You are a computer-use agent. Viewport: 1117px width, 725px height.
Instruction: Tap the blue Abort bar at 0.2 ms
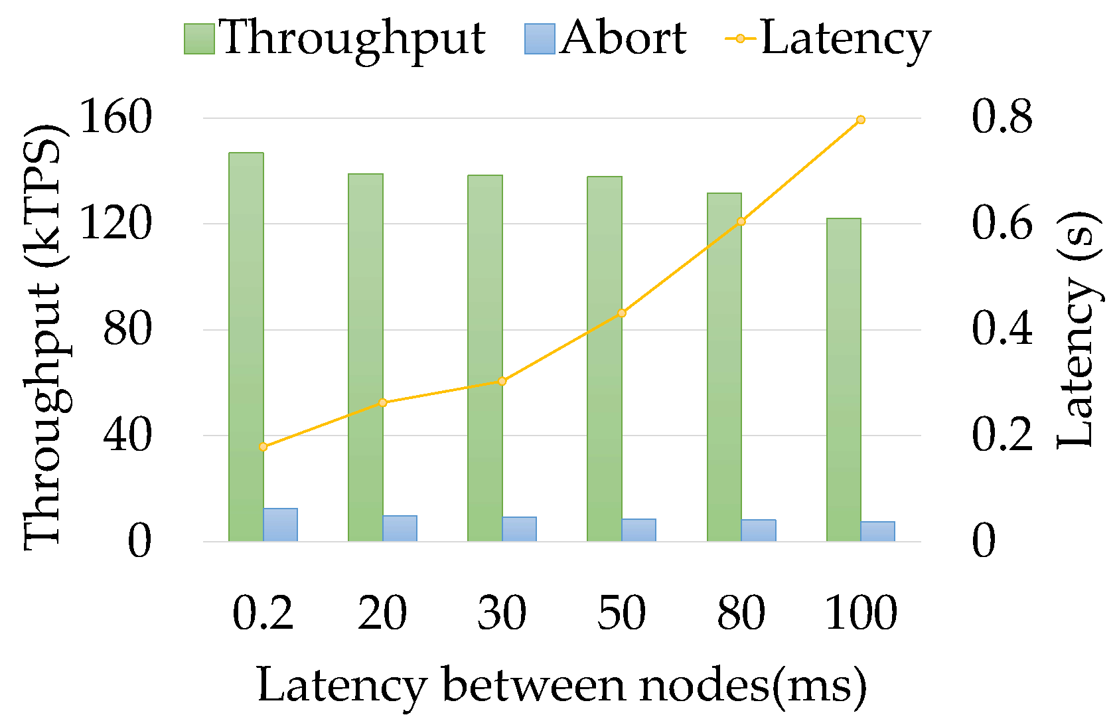click(x=280, y=524)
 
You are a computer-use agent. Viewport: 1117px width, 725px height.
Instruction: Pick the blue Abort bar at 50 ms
click(x=638, y=530)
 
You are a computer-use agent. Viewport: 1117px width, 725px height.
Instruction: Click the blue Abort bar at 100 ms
click(x=877, y=531)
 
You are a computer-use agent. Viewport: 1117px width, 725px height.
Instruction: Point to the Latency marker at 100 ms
click(x=860, y=120)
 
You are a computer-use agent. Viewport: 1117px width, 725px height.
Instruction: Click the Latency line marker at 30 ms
click(x=502, y=381)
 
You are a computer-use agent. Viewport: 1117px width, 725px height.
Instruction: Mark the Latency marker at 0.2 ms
click(x=263, y=447)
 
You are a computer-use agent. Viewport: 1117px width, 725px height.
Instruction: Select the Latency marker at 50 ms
click(x=621, y=313)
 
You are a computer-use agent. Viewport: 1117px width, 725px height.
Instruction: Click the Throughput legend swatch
click(x=199, y=39)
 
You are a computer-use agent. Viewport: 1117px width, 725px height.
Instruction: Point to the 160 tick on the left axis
click(x=115, y=118)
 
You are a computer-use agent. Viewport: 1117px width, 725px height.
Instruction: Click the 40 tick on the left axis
click(x=127, y=436)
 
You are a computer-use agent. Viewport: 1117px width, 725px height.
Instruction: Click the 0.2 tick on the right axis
click(x=1002, y=435)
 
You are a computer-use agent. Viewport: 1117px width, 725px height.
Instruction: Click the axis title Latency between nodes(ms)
click(x=561, y=685)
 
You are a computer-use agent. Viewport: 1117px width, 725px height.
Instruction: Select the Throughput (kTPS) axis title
click(x=42, y=336)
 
